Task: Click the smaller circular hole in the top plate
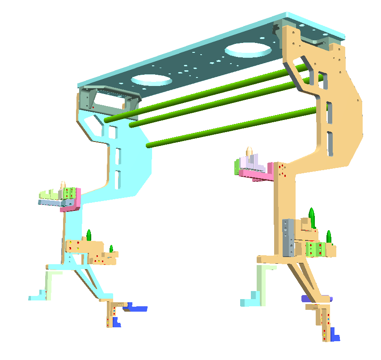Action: pyautogui.click(x=151, y=80)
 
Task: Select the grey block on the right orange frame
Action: pyautogui.click(x=288, y=237)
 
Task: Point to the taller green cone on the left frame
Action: pyautogui.click(x=89, y=235)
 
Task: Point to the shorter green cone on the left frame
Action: pyautogui.click(x=111, y=248)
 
